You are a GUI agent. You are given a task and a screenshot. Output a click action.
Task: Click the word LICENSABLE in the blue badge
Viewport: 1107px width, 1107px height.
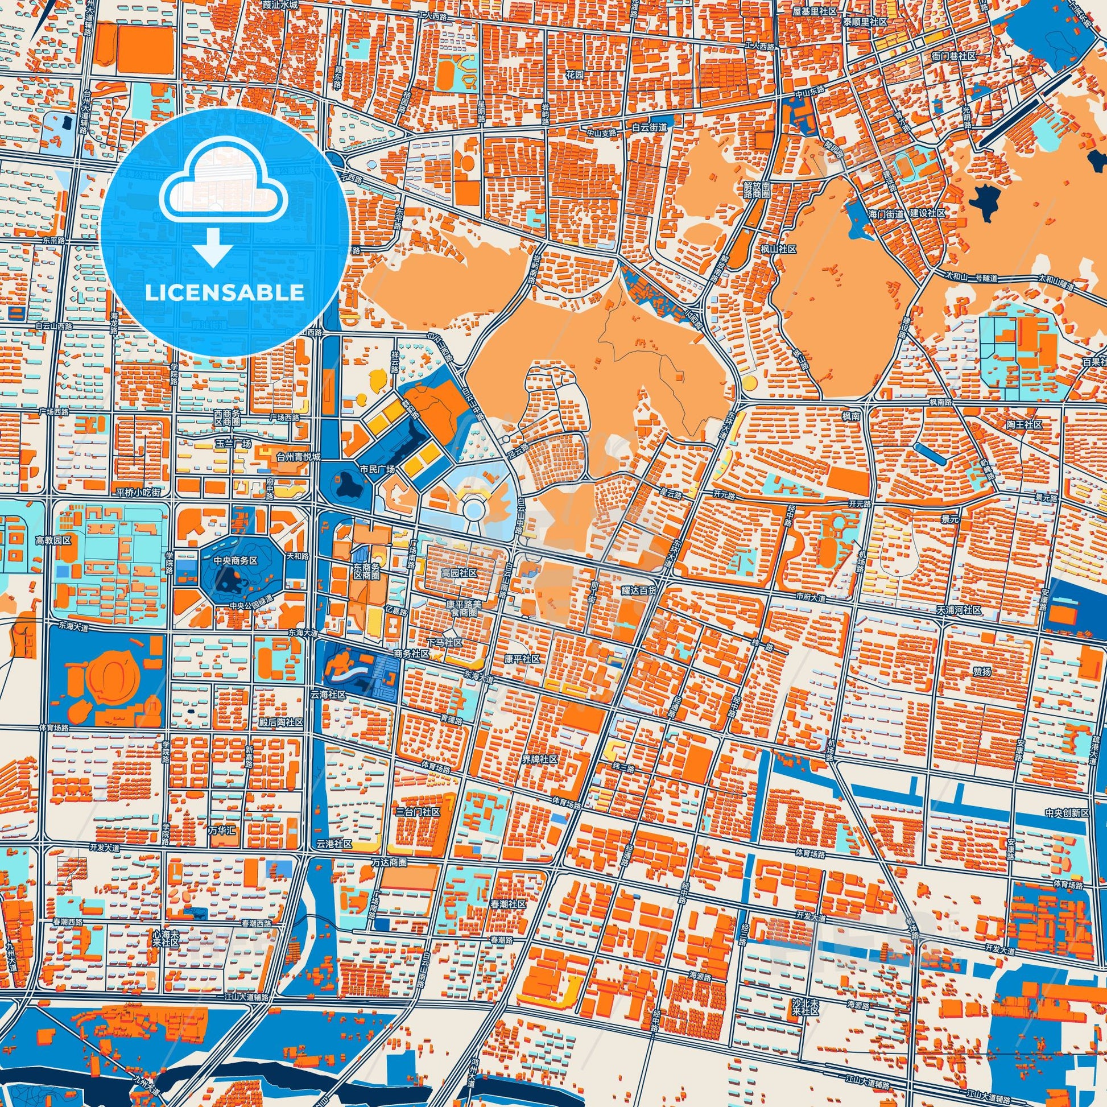[224, 293]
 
